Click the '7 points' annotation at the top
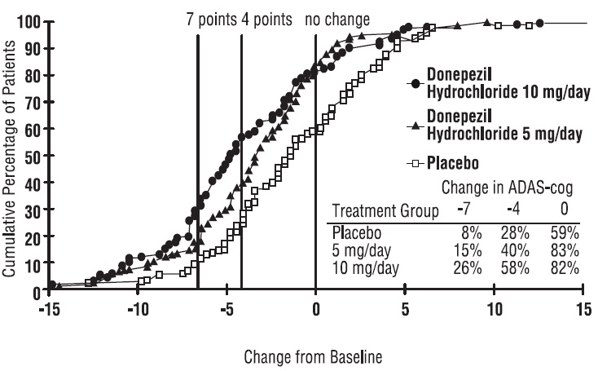tap(212, 19)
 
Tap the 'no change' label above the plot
tap(337, 19)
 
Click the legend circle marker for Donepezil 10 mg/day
tap(415, 83)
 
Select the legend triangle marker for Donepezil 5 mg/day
tap(415, 126)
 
